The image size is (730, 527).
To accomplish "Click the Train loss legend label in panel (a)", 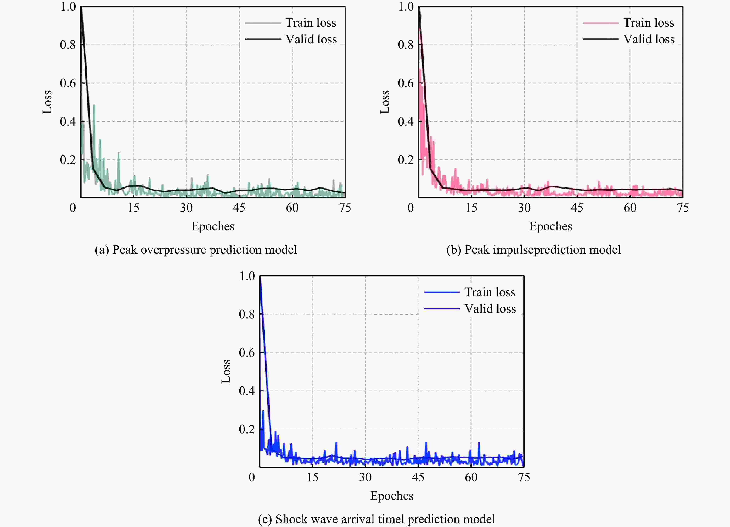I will tap(311, 23).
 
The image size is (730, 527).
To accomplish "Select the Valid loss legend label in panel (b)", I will tap(649, 39).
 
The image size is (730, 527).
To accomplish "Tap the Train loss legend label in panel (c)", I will tap(490, 292).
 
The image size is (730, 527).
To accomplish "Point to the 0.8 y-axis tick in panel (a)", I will tap(68, 45).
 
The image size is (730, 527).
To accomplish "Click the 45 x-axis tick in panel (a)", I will tap(239, 208).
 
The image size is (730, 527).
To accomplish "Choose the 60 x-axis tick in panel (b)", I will tap(630, 208).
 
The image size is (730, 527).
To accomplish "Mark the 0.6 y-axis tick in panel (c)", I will tap(247, 353).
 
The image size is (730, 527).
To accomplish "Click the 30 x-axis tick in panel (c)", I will tap(365, 477).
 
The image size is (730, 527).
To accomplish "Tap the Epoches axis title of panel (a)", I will tap(213, 226).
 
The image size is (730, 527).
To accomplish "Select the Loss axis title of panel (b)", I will tap(385, 102).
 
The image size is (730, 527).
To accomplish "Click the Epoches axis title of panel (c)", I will tap(392, 496).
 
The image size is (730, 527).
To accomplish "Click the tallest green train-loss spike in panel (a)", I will tap(94, 105).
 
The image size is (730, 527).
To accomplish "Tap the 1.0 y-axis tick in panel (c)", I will tap(247, 276).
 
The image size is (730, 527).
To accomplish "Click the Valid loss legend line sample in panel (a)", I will tap(263, 39).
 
